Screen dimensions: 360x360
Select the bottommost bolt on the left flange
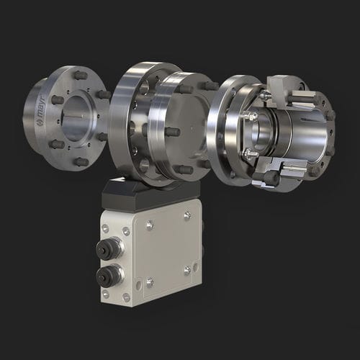pos(81,161)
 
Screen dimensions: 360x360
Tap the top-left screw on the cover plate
pos(150,225)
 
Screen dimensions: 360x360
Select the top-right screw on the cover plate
pos(187,215)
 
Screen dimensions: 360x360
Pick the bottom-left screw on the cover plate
pos(149,282)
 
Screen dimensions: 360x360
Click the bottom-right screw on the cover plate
pos(187,270)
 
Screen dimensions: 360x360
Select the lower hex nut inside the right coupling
pos(249,153)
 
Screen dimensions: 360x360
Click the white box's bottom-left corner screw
pos(105,294)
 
